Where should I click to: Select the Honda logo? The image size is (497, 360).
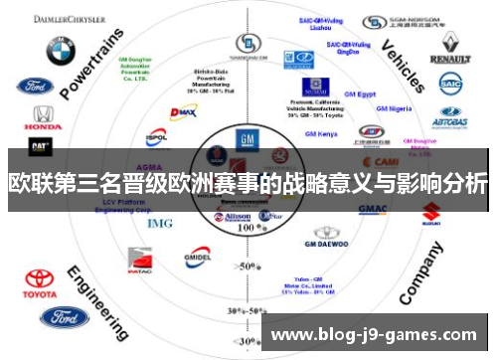41,118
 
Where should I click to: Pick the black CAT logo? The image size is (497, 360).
41,145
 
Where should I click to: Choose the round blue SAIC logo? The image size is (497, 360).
451,85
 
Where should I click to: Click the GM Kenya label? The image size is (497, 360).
320,133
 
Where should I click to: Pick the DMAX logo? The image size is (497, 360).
183,113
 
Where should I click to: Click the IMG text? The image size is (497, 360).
160,223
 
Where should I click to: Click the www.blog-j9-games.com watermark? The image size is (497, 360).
374,335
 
